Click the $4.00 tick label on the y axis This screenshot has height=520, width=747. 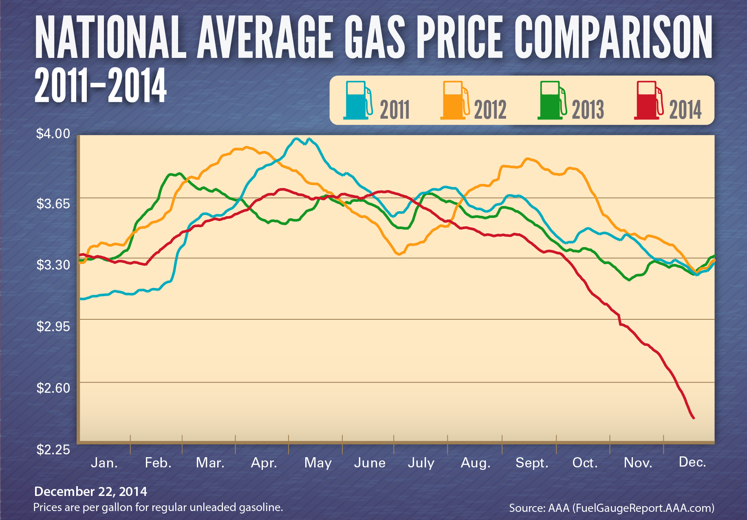coord(53,134)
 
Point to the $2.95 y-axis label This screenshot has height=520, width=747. coord(53,326)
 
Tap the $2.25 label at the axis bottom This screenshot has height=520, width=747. coord(53,449)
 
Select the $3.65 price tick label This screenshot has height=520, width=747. coord(53,204)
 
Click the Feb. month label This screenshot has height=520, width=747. coord(158,463)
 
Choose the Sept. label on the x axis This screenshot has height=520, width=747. coord(532,463)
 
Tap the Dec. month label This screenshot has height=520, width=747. coord(692,462)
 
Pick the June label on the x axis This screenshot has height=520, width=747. coord(370,463)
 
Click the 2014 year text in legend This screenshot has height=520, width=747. coord(685,110)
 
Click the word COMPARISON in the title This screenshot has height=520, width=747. coord(613,38)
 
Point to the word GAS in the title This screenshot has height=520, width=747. coord(375,38)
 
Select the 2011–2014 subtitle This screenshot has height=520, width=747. coord(100,86)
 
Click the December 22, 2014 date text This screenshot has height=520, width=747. coord(90,491)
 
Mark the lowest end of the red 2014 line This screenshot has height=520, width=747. coord(694,418)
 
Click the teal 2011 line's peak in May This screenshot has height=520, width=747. coord(297,139)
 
